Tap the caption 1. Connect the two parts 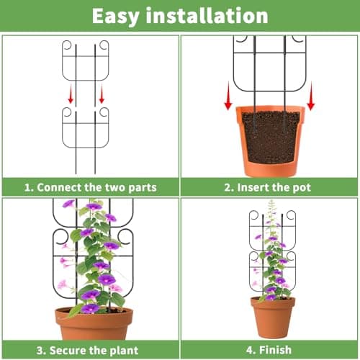tap(90, 187)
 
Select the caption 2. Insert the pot tap(269, 187)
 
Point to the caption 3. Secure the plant tap(90, 351)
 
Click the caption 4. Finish tap(269, 351)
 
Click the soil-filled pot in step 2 tap(270, 140)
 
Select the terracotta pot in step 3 tap(94, 324)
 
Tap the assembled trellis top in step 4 tap(272, 220)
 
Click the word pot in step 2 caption tap(301, 187)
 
